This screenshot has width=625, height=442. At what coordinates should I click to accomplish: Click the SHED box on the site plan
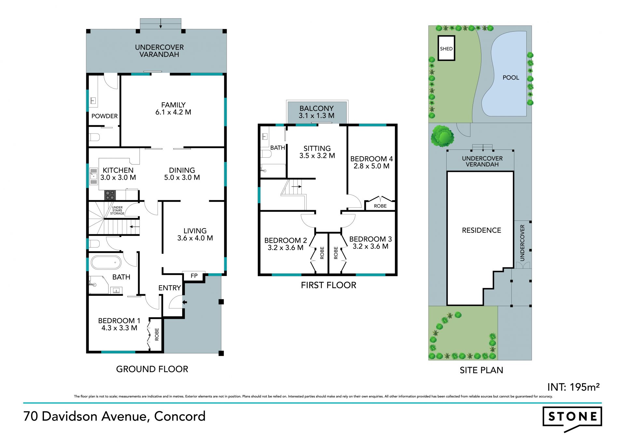coord(446,48)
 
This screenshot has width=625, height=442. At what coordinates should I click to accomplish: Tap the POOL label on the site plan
coord(511,78)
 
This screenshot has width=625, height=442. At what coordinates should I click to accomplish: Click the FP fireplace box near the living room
coord(194,276)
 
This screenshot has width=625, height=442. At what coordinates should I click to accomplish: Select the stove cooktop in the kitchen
coord(110,195)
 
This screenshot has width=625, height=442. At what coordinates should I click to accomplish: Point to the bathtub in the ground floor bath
coord(106,263)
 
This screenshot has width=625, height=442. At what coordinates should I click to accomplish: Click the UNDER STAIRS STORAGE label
coord(117,210)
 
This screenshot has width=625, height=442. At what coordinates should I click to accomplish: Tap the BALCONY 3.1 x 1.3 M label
coord(316,112)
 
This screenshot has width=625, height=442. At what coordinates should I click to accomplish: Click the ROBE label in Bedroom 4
coord(380,206)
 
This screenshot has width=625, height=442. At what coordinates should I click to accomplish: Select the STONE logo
coord(572,419)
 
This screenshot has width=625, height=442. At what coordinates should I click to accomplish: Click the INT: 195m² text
coord(574,387)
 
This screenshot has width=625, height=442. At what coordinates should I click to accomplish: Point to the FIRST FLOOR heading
coord(328,285)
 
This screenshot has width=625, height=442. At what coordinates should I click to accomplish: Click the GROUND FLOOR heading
coord(152,369)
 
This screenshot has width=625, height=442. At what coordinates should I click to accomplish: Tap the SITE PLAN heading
coord(481,370)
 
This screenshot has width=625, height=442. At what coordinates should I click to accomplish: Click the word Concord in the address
coord(180,416)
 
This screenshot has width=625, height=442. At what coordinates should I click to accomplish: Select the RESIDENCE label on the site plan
coord(481,230)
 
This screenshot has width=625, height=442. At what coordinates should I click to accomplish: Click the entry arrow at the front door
coord(185,302)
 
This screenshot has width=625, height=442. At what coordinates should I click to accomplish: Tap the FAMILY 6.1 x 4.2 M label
coord(173,108)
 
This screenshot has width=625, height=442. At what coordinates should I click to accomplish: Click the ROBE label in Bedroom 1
coord(157,335)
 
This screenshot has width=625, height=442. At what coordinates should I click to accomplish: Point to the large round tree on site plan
coord(442,136)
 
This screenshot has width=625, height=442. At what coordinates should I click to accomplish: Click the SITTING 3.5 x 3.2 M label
coord(317,152)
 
